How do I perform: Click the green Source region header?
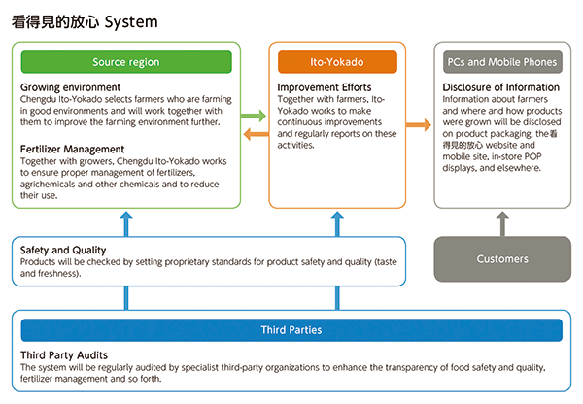coord(126,62)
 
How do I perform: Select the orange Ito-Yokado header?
coord(337,62)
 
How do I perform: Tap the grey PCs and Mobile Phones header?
coord(501,62)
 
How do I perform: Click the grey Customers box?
coord(501,259)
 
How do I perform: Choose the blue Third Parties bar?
coord(291,330)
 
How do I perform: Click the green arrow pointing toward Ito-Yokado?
coord(254,117)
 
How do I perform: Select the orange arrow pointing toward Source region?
coord(254,134)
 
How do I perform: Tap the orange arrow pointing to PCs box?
coord(419,125)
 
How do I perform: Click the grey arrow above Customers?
coord(501,223)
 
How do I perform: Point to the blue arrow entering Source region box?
coord(126,221)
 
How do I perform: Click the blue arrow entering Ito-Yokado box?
coord(337,221)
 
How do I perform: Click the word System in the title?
coord(131,20)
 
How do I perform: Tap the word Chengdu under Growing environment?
coord(40,100)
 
